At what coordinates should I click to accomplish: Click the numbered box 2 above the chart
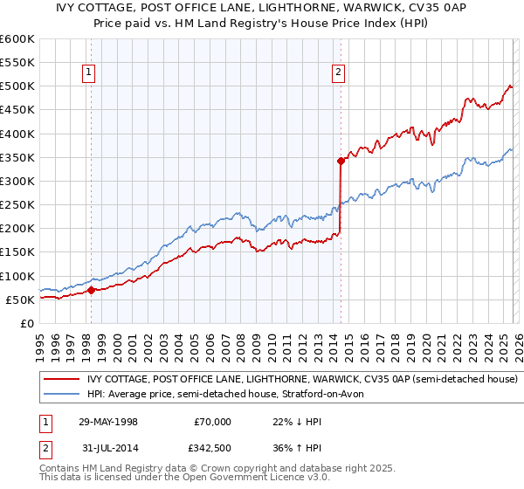(x=339, y=73)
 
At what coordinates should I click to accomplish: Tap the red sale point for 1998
(x=92, y=290)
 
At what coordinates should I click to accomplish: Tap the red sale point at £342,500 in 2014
(x=341, y=161)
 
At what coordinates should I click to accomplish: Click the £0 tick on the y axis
(x=28, y=323)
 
